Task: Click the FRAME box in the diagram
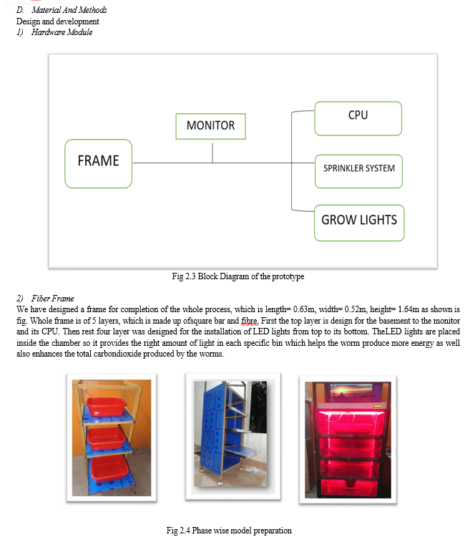98,163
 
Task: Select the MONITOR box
210,126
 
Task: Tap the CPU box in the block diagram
358,118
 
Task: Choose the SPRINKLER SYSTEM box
358,171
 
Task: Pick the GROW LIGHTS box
359,223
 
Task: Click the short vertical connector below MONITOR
212,153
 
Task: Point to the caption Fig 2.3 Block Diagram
238,276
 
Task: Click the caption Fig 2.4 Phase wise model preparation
229,531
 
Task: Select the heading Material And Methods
69,10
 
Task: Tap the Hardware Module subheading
62,32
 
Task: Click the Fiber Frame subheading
52,299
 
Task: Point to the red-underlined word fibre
250,321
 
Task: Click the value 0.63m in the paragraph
303,309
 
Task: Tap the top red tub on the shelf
106,406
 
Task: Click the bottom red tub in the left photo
109,468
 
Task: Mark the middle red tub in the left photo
106,438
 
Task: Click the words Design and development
58,21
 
